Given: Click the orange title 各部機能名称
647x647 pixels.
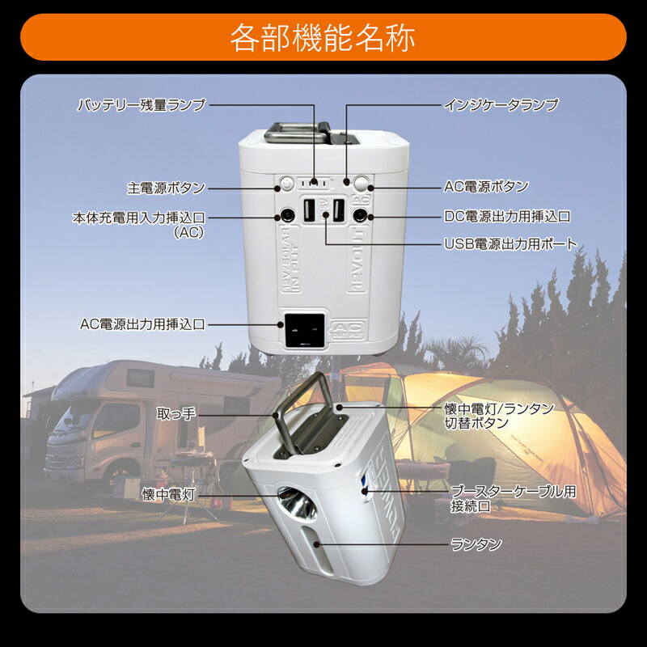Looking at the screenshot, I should tap(323, 38).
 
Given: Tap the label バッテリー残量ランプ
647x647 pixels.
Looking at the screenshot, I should tap(142, 105).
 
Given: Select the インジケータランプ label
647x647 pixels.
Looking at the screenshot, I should tap(501, 105).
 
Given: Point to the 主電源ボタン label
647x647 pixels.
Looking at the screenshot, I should tap(166, 188).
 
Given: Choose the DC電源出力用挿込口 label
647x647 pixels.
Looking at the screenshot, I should tap(508, 216).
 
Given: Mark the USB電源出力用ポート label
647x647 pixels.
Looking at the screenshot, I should tap(510, 243).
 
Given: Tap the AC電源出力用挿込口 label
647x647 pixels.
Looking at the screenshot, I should tap(142, 324).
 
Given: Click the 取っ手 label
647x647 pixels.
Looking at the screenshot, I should tap(176, 415).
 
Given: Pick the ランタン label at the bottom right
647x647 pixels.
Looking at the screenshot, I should tap(476, 544).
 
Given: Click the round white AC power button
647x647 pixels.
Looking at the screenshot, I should tap(362, 183).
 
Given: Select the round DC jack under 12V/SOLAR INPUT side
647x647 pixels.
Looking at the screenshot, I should tap(286, 216).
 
